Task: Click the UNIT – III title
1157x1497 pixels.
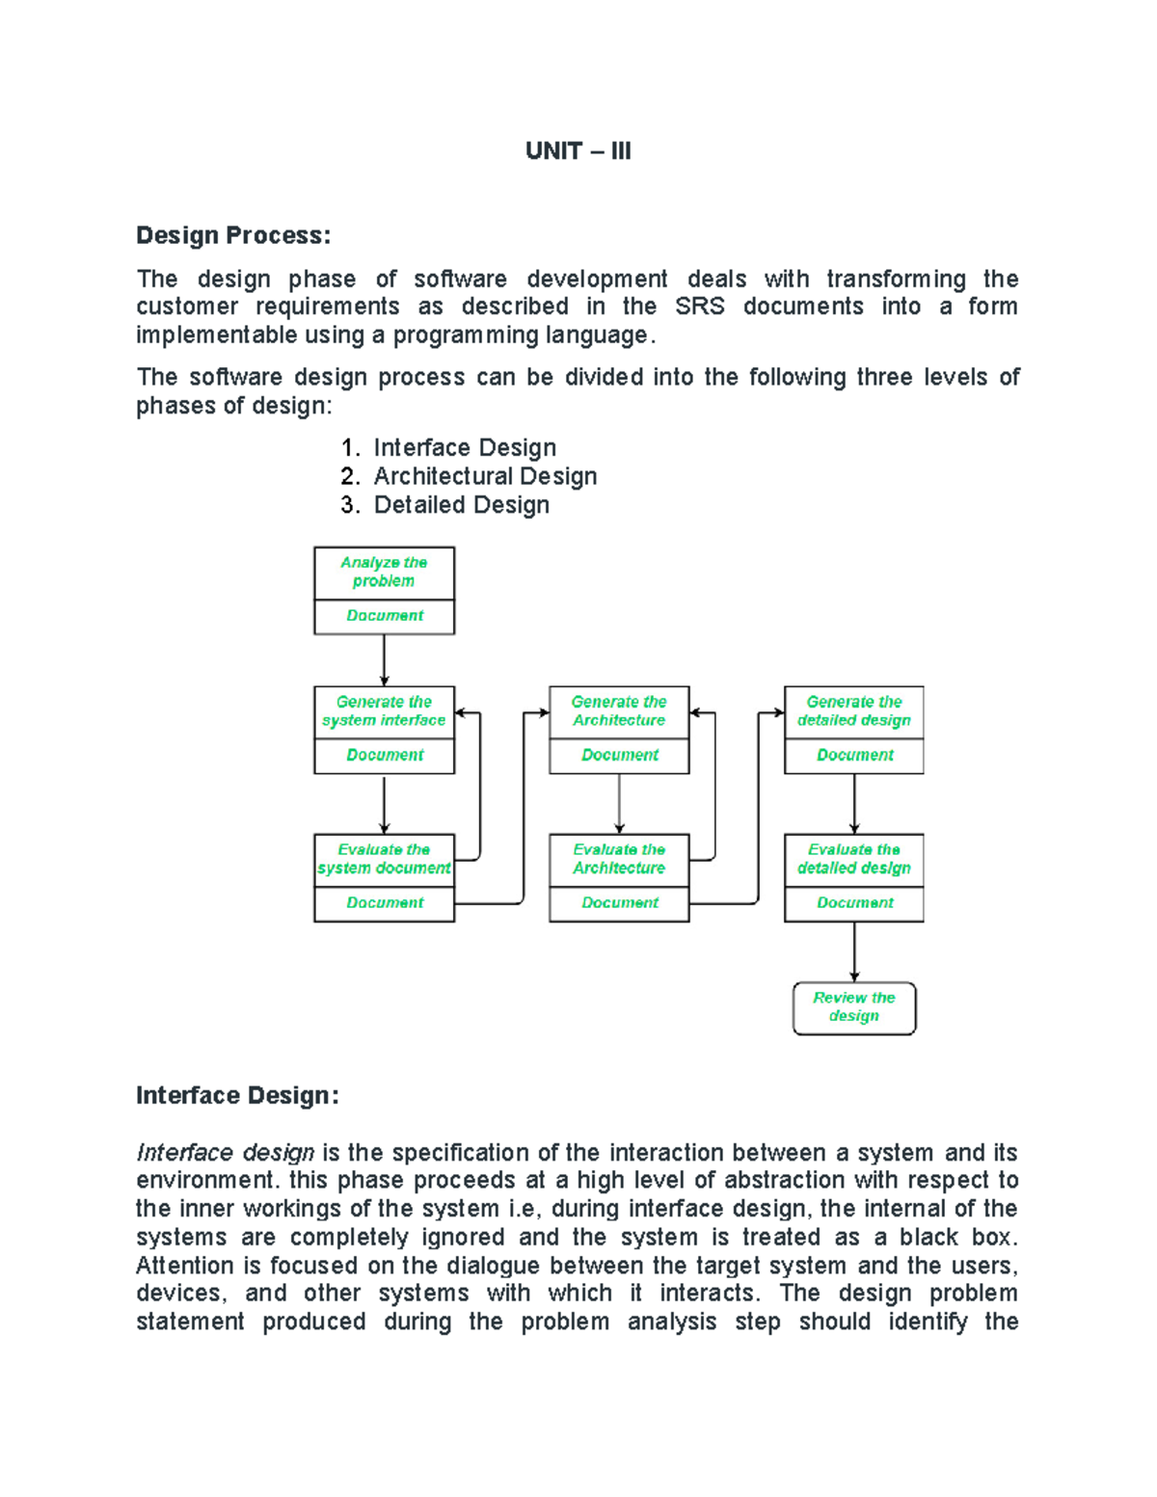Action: (x=578, y=151)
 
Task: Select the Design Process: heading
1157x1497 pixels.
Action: (x=233, y=235)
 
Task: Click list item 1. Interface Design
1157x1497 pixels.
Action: (x=449, y=447)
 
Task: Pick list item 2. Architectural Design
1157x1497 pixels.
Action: (x=470, y=476)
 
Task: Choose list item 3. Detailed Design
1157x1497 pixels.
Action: (x=445, y=505)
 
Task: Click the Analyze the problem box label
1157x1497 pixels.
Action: (x=384, y=572)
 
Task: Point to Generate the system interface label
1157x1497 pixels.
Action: (x=384, y=711)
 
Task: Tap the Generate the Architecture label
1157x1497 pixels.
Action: (x=619, y=711)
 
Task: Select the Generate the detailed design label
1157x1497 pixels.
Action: (x=854, y=711)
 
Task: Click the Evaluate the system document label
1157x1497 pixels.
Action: (x=384, y=859)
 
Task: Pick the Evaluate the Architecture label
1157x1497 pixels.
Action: (x=619, y=859)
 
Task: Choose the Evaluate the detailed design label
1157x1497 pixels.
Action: (x=854, y=859)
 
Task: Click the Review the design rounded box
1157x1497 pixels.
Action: (x=854, y=1007)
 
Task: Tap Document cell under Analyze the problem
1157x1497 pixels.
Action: (x=384, y=616)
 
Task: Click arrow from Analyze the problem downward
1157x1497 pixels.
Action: (x=384, y=660)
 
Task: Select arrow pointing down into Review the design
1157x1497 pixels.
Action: (x=854, y=952)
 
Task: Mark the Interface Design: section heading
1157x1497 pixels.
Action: (x=237, y=1096)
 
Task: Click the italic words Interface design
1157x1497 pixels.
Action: (x=226, y=1153)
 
